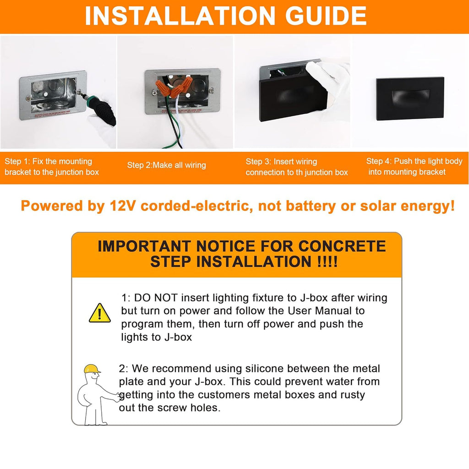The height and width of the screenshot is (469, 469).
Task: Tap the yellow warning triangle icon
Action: (99, 313)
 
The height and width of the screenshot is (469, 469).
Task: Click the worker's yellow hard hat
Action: (92, 369)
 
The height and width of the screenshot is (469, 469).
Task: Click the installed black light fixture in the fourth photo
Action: (410, 98)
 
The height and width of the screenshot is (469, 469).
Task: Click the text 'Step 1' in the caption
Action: (17, 162)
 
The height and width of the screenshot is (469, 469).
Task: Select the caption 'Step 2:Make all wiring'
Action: (167, 165)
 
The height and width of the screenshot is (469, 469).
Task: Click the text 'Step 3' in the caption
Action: (258, 162)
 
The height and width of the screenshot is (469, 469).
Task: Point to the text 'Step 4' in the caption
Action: (379, 161)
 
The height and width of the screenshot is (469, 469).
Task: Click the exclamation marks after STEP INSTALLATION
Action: (327, 262)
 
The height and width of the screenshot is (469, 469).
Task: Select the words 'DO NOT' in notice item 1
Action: (156, 298)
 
